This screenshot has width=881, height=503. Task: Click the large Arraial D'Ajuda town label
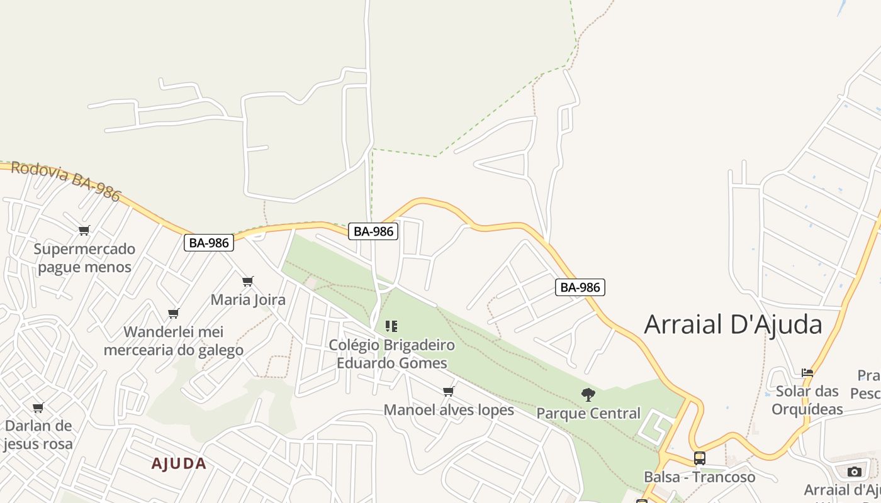[733, 324]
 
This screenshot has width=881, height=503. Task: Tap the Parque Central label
[588, 413]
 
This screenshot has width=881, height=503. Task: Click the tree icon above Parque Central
[588, 395]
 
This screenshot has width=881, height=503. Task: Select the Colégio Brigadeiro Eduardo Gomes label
[391, 354]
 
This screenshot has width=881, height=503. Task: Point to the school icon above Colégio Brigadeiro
[391, 326]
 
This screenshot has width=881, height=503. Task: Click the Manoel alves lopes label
[449, 410]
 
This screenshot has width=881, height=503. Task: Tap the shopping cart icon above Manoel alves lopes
[449, 392]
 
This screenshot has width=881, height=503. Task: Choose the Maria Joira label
[248, 299]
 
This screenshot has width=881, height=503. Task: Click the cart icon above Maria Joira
[248, 281]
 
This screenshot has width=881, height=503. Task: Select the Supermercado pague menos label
[84, 258]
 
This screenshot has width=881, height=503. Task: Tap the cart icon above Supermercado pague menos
[84, 230]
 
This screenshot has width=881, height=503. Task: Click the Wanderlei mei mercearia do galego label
[174, 341]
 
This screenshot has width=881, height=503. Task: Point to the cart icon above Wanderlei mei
[174, 313]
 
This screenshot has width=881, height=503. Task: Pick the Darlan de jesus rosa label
[38, 434]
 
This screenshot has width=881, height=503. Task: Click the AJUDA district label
[179, 464]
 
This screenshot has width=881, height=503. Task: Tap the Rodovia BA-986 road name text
[65, 181]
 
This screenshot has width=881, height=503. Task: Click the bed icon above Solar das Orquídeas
[808, 373]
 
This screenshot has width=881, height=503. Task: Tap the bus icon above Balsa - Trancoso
[699, 458]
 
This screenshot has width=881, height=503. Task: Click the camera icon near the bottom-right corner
[854, 472]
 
